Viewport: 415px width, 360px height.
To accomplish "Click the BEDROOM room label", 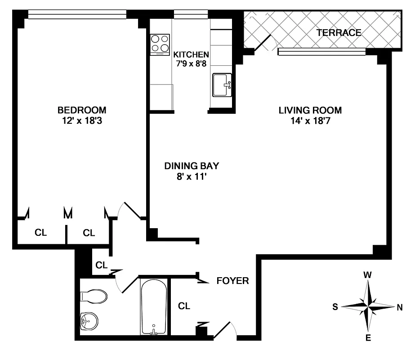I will [x=82, y=110].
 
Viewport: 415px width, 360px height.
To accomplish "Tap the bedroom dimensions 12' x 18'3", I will [x=82, y=120].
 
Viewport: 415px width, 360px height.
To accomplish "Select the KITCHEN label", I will [x=191, y=54].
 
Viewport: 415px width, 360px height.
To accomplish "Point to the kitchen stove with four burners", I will [x=160, y=45].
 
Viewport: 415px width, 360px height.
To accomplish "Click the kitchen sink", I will [x=222, y=85].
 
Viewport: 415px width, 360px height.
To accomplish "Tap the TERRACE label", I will [x=339, y=32].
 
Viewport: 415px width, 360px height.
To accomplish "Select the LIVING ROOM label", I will [x=310, y=110].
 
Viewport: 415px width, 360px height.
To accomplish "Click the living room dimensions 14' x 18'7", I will [x=310, y=120].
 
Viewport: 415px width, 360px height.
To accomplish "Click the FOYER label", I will [x=232, y=281].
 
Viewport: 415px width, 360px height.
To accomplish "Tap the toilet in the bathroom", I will [x=94, y=297].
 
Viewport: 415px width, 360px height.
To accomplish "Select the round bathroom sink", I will [x=89, y=321].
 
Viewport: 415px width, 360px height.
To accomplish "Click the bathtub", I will [x=154, y=307].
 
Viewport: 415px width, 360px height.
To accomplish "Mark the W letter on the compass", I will [x=368, y=274].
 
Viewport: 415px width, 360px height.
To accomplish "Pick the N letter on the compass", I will [x=399, y=307].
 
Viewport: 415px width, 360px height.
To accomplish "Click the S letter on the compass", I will [x=335, y=307].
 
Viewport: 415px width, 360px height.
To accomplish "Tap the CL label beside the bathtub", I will [x=184, y=306].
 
